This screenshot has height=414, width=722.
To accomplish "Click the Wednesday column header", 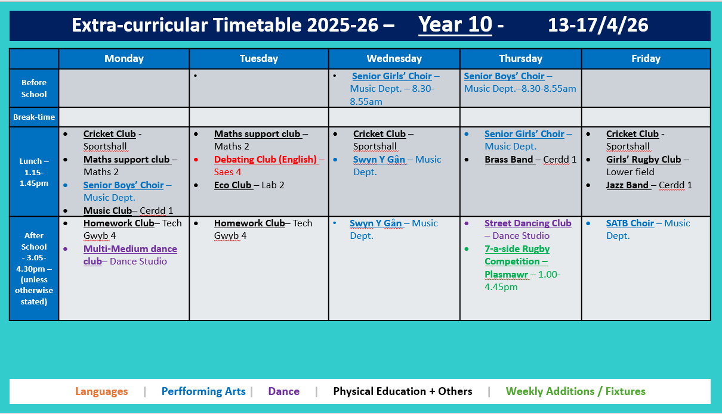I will coord(394,58).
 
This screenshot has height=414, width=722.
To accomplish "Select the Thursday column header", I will coord(520,58).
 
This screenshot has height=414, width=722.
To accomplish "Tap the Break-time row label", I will coord(34,117).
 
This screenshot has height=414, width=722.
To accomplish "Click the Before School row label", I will coord(34,88).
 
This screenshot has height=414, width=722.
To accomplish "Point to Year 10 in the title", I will coord(455,25).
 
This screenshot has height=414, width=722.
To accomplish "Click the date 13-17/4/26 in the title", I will coord(598,25).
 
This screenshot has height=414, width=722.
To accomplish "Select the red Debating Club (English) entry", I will coord(266,160).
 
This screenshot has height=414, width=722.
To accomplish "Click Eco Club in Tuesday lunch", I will coord(233,185).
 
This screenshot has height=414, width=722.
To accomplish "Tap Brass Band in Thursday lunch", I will coord(509,160).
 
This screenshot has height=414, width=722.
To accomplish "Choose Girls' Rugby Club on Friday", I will coord(643,160).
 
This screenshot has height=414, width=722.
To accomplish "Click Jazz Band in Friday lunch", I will coord(627,185).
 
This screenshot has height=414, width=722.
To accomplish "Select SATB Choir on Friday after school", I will coord(630,223).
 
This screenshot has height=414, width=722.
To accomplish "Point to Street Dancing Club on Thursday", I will coord(527,223).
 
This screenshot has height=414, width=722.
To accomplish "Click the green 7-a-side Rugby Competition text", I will coord(517,262).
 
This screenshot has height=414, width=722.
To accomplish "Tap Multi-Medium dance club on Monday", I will coord(130,249).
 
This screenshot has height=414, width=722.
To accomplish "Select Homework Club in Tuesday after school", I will coord(249,223).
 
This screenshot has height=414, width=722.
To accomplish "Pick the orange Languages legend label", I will coord(101,391).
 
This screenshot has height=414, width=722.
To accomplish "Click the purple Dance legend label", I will coord(284,391).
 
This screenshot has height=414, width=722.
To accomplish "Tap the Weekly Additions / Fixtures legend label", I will coord(575,391).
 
